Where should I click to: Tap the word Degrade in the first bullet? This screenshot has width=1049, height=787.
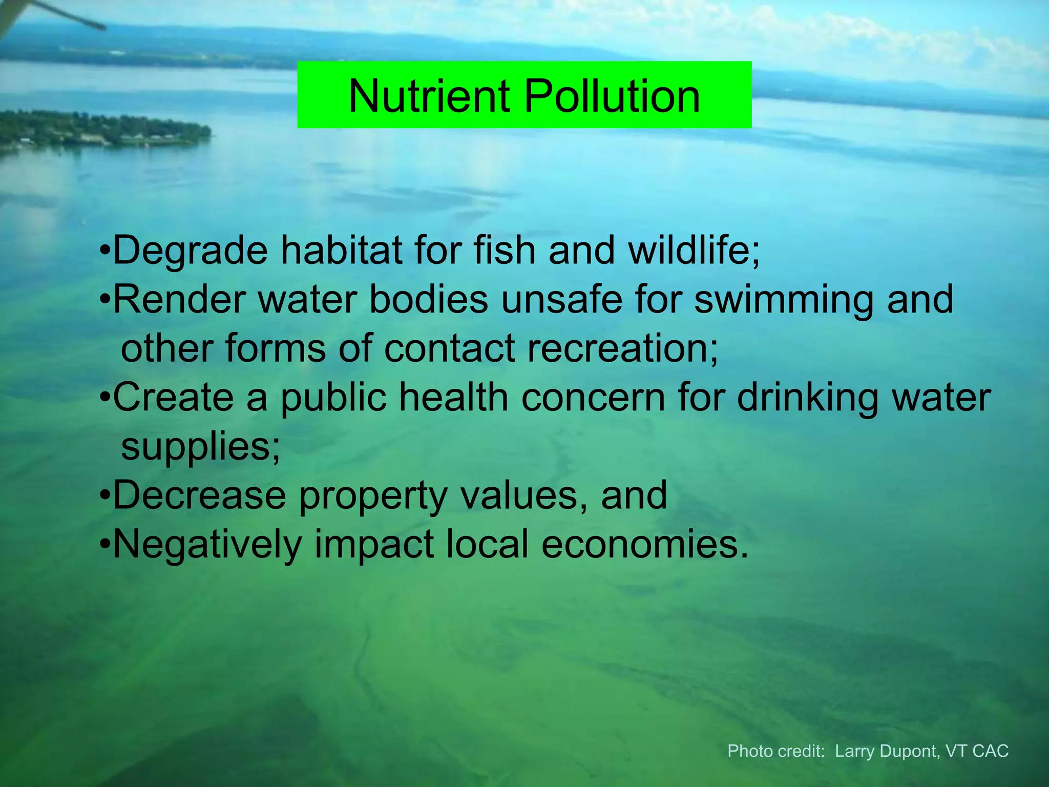click(x=190, y=250)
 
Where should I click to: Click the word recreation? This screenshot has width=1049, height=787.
click(x=623, y=348)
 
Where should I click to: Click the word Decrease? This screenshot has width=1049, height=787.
click(x=199, y=495)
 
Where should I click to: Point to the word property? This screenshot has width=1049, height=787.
click(x=373, y=495)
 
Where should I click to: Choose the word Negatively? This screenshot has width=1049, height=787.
click(x=207, y=544)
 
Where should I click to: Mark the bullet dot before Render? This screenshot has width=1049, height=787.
click(x=105, y=300)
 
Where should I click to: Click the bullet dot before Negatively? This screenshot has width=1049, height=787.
click(x=105, y=545)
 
